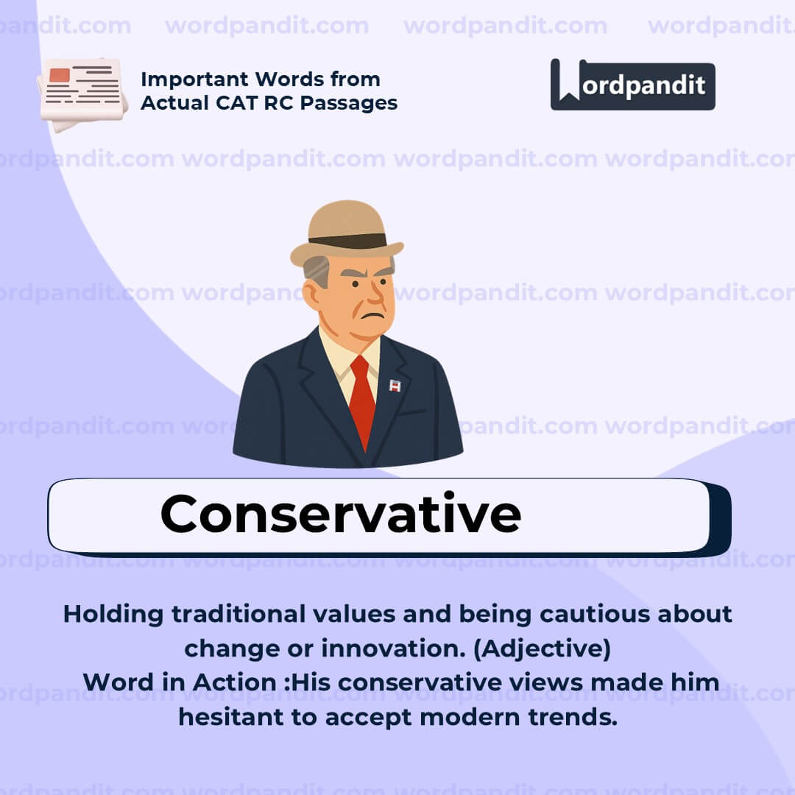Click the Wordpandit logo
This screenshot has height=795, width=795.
(632, 85)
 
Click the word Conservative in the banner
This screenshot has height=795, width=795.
(340, 514)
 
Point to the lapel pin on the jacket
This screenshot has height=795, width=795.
(395, 385)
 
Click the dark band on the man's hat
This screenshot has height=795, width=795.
(347, 241)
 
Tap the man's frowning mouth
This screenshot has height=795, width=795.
(374, 315)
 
